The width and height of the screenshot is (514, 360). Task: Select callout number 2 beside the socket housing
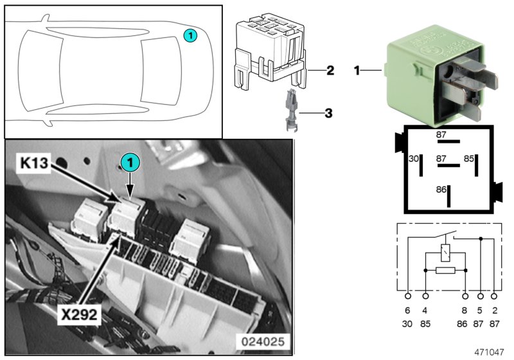[x=329, y=69]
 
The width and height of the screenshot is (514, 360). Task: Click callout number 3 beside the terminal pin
[x=328, y=114]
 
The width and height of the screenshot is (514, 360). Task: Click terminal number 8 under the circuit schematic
[x=465, y=310]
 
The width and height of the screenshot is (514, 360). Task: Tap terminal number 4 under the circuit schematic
[x=425, y=310]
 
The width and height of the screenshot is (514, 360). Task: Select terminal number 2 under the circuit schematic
[x=493, y=310]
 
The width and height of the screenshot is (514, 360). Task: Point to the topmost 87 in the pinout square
[x=441, y=134]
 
